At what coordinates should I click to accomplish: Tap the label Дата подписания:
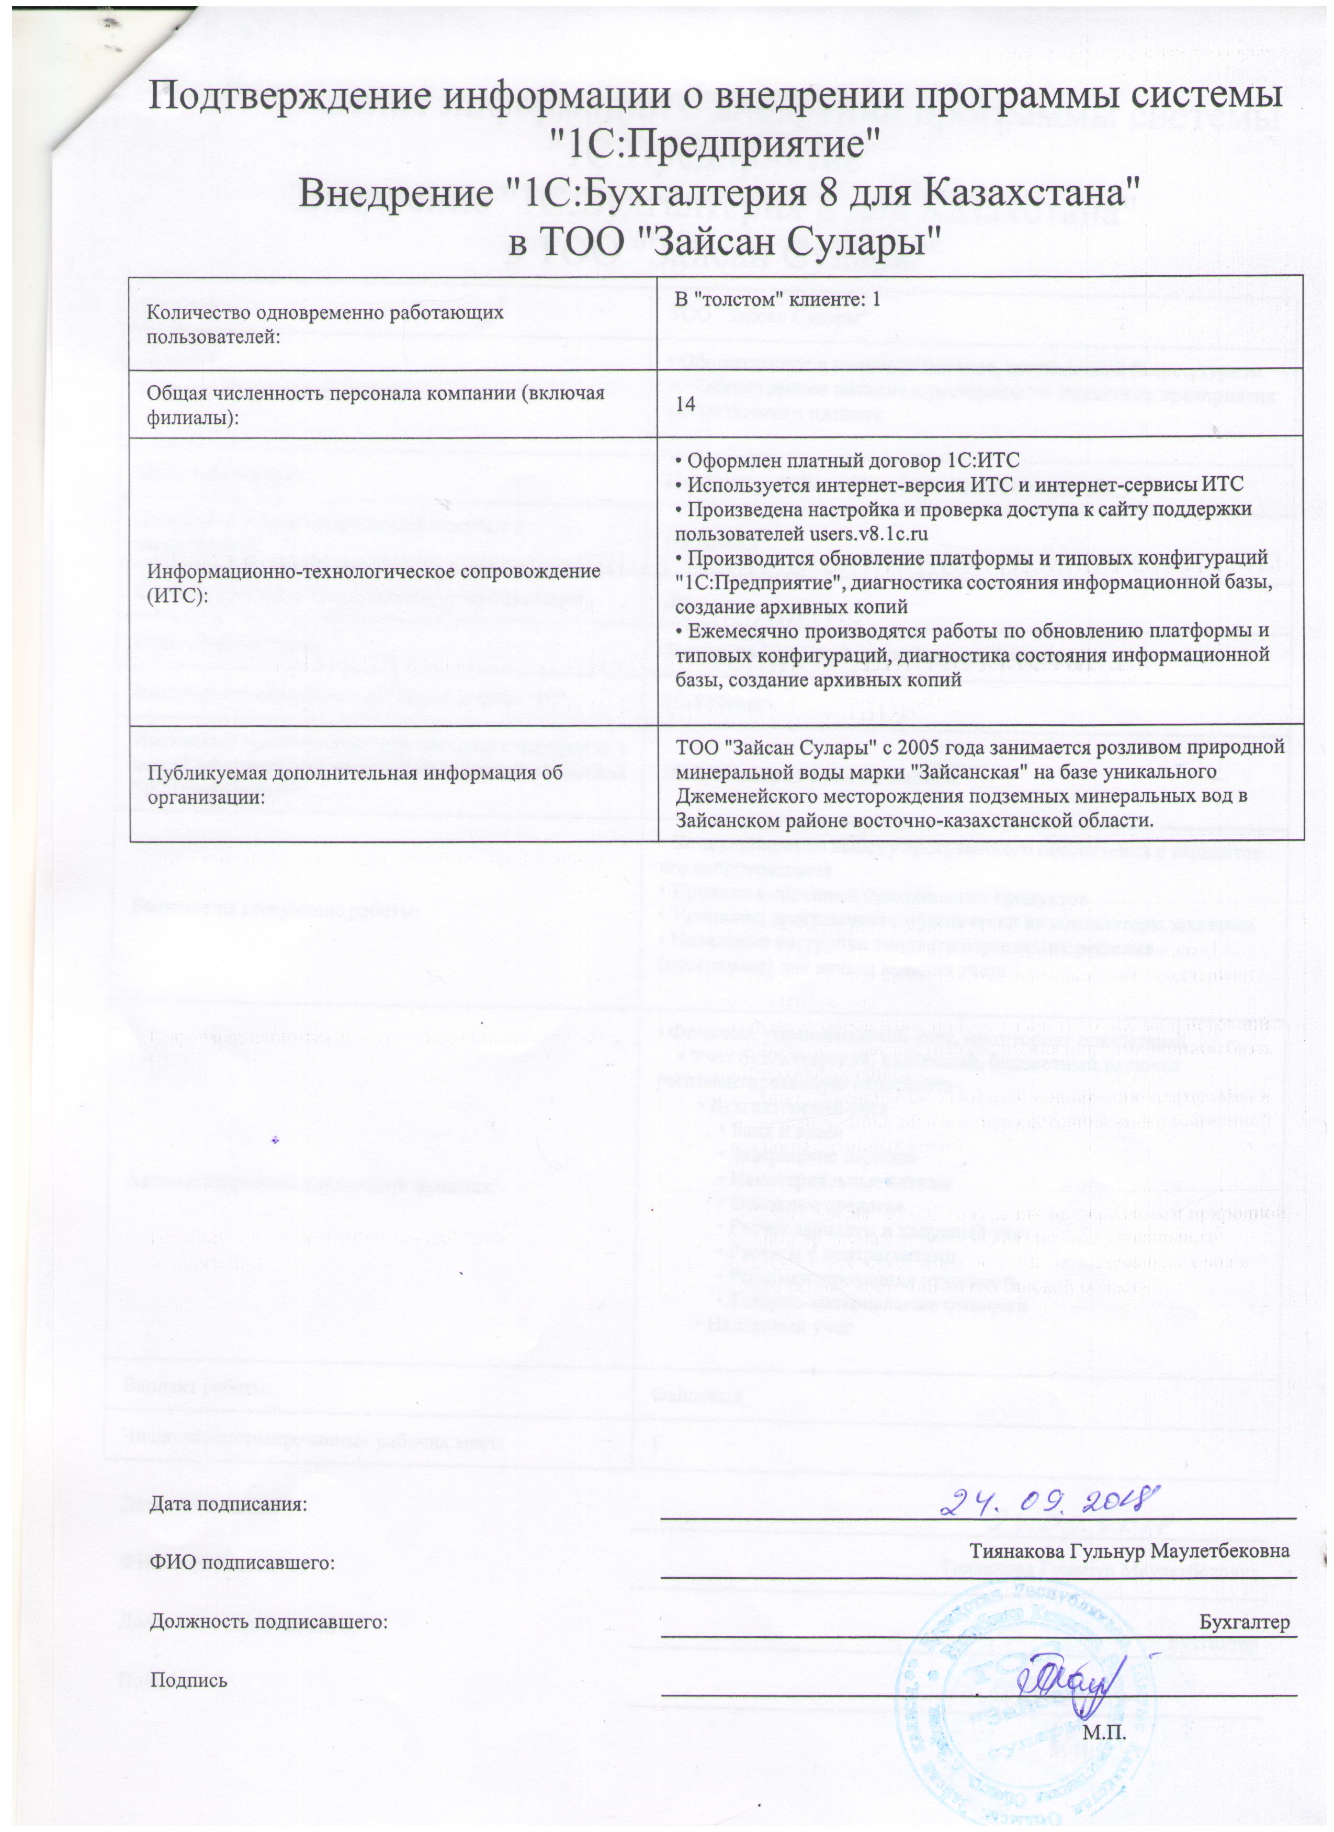229,1504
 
